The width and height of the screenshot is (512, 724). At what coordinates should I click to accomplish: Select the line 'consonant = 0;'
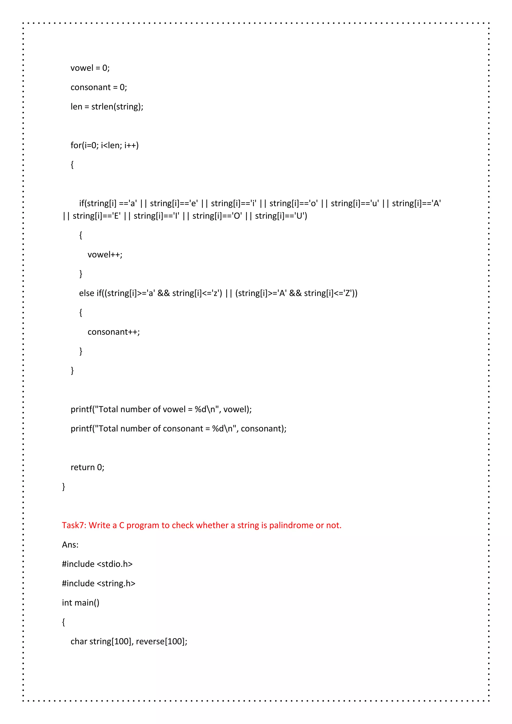point(99,87)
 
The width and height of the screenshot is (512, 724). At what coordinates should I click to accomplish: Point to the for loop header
point(104,145)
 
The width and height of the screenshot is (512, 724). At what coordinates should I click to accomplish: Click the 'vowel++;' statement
point(105,254)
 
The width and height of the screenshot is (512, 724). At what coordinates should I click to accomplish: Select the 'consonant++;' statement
point(113,332)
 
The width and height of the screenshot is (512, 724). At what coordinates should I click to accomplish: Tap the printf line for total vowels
point(161,409)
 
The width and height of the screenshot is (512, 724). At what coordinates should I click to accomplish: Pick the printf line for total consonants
point(178,428)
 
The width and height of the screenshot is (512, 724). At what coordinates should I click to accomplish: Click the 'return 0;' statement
point(87,467)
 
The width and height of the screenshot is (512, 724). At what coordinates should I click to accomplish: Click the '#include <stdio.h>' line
point(97,564)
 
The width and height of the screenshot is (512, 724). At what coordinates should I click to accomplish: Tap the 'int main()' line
point(80,603)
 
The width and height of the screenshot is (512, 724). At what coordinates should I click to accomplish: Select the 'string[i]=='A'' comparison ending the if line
point(416,203)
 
